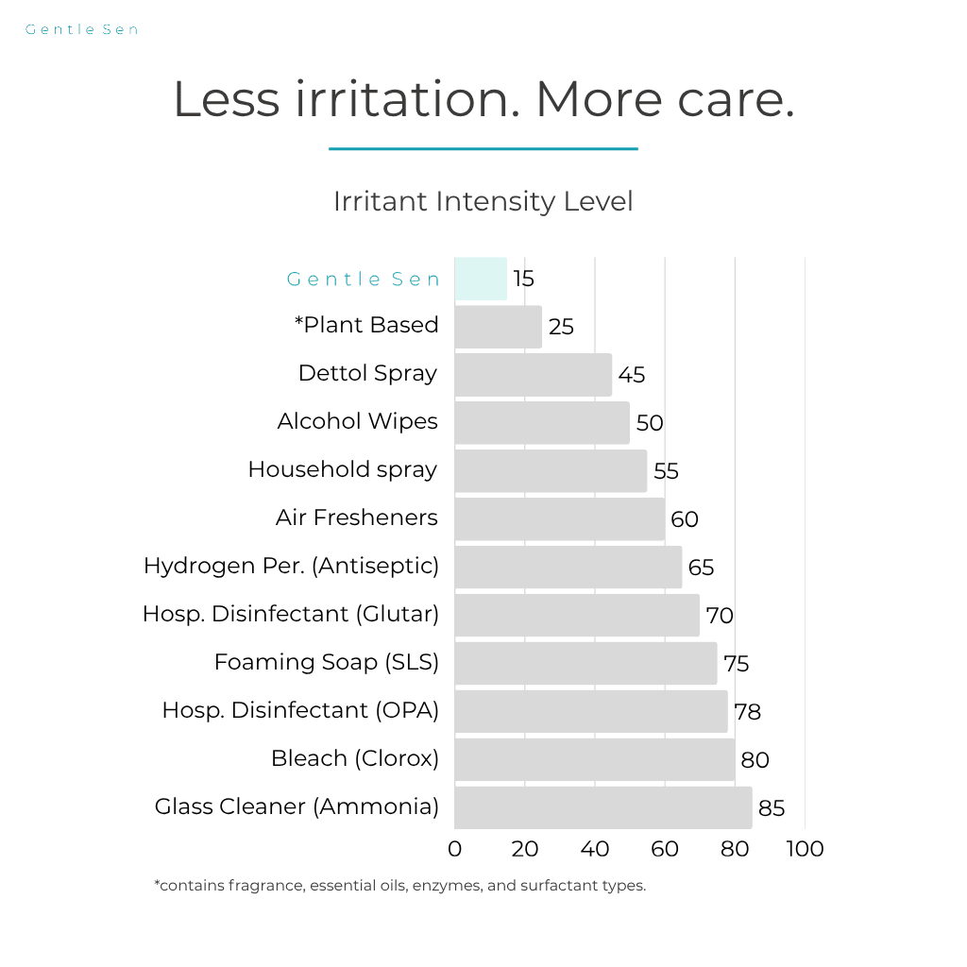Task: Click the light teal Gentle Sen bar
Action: pyautogui.click(x=481, y=279)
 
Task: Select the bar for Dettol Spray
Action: pyautogui.click(x=533, y=375)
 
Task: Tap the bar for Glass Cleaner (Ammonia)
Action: pyautogui.click(x=602, y=807)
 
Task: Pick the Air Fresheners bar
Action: pyautogui.click(x=559, y=518)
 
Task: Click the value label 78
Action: pyautogui.click(x=747, y=712)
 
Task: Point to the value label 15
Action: pyautogui.click(x=523, y=279)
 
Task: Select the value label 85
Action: pyautogui.click(x=771, y=808)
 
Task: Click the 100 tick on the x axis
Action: pyautogui.click(x=805, y=849)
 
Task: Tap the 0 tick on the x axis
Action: pyautogui.click(x=455, y=849)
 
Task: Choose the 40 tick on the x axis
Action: pyautogui.click(x=595, y=849)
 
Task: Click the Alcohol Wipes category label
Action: pyautogui.click(x=357, y=421)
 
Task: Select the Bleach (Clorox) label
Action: pyautogui.click(x=354, y=758)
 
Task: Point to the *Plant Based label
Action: pyautogui.click(x=366, y=325)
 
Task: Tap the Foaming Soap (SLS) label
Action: pyautogui.click(x=326, y=662)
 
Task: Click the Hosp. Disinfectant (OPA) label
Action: pyautogui.click(x=300, y=710)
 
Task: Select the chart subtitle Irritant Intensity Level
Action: pyautogui.click(x=483, y=201)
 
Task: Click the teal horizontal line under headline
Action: pyautogui.click(x=483, y=148)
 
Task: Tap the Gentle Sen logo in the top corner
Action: pyautogui.click(x=82, y=29)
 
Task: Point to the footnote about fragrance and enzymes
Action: pyautogui.click(x=399, y=886)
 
